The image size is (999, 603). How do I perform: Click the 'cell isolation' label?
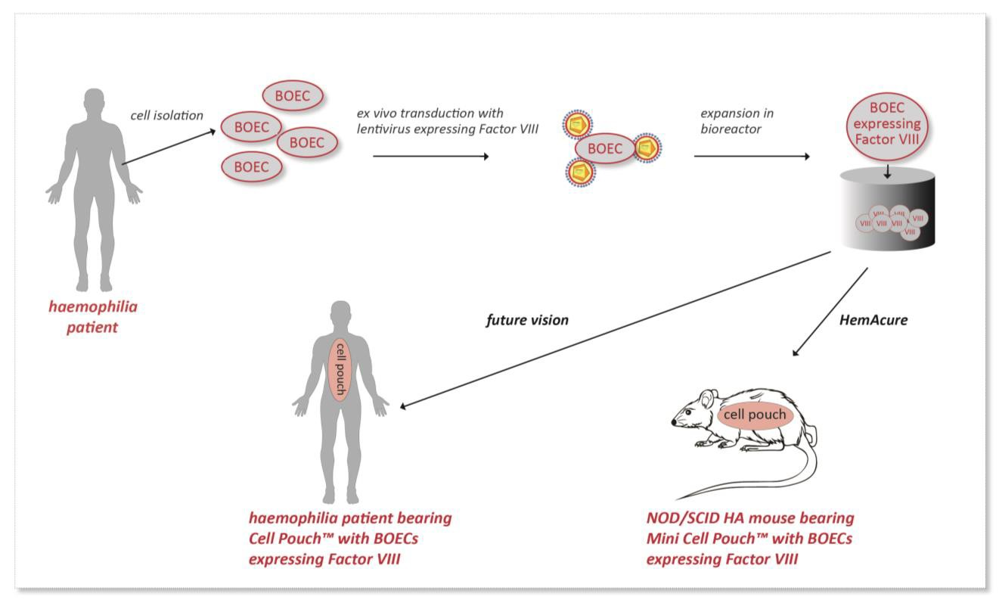click(x=166, y=116)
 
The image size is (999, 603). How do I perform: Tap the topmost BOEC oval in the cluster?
click(x=293, y=97)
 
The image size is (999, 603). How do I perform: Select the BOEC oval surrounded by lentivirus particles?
click(x=603, y=148)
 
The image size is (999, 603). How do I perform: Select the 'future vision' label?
click(x=526, y=320)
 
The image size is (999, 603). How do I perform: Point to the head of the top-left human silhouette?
click(x=95, y=101)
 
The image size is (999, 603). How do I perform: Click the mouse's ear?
click(x=707, y=399)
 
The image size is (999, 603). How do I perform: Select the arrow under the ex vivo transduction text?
click(x=431, y=157)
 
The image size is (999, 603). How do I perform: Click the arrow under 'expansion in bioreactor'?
click(x=751, y=157)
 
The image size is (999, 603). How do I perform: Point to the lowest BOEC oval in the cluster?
click(x=251, y=167)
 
